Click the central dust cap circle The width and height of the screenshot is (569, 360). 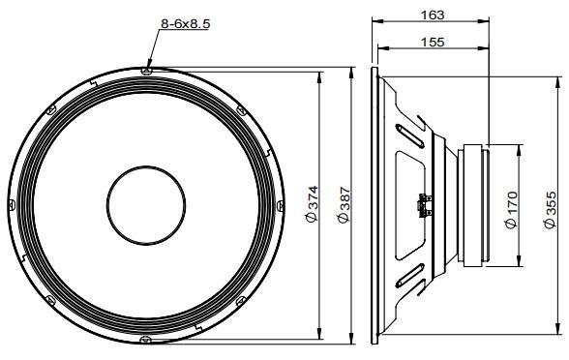[145, 205]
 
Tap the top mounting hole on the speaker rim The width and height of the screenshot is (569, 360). [145, 70]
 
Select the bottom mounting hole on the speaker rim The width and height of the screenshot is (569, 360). [145, 340]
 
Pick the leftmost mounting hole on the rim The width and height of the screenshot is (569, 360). [11, 205]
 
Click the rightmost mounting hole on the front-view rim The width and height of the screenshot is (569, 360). [280, 205]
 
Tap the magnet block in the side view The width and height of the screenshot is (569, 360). [480, 205]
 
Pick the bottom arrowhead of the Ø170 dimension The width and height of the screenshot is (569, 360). [520, 263]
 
